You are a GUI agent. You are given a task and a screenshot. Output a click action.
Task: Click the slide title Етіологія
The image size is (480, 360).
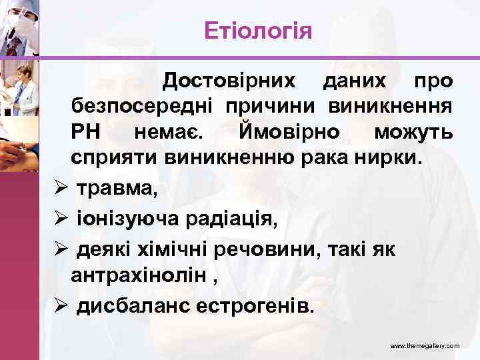(x=257, y=30)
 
